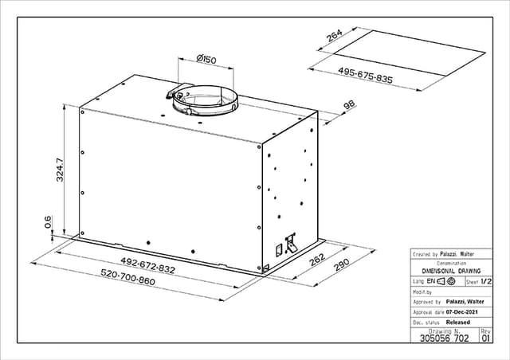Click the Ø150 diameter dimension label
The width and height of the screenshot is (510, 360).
pos(206,60)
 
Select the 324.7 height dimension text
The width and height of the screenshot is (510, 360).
pos(60,170)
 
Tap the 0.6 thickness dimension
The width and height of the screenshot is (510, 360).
pos(48,221)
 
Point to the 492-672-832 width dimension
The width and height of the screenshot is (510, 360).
pos(148,265)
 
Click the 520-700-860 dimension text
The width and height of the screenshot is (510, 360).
pos(127,277)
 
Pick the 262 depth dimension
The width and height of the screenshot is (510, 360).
pos(317,259)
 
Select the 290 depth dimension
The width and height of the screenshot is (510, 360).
pos(342,264)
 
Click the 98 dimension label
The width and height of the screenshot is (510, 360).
pos(350,105)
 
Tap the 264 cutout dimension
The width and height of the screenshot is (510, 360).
pos(335,36)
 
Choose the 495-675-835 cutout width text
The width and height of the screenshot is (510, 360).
pos(365,75)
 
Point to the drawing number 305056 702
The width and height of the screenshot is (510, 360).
pos(445,338)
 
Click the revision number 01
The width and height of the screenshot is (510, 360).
pos(485,338)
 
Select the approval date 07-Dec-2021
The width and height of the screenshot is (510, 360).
pos(462,312)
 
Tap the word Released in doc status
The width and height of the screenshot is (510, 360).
pos(458,323)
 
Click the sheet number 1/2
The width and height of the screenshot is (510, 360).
pos(486,281)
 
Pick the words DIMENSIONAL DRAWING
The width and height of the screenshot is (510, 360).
pos(451,271)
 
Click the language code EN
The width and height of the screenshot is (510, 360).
pos(430,281)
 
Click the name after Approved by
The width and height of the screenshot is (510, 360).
pos(465,302)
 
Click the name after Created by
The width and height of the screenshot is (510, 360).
pos(457,254)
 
